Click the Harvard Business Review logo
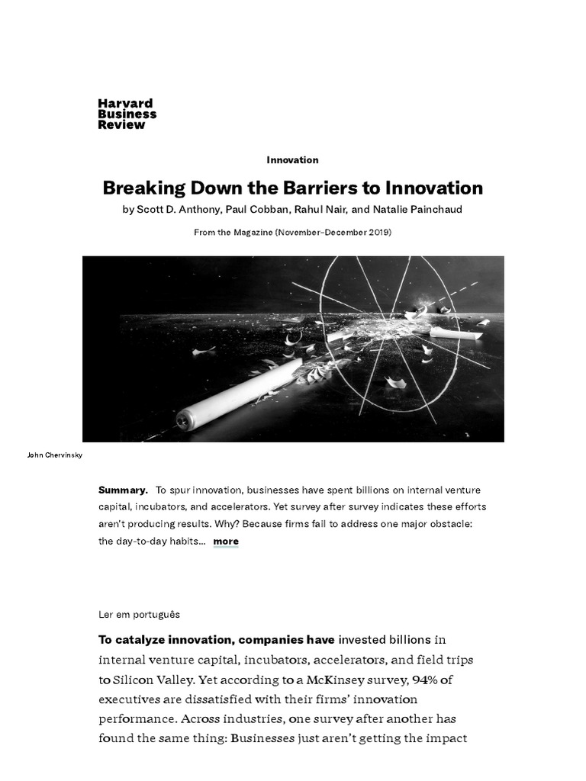tap(127, 114)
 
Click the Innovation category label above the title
tap(292, 160)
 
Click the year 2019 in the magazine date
tap(377, 232)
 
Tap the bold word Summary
tap(123, 490)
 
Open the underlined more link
tap(226, 542)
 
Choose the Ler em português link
tap(139, 613)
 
